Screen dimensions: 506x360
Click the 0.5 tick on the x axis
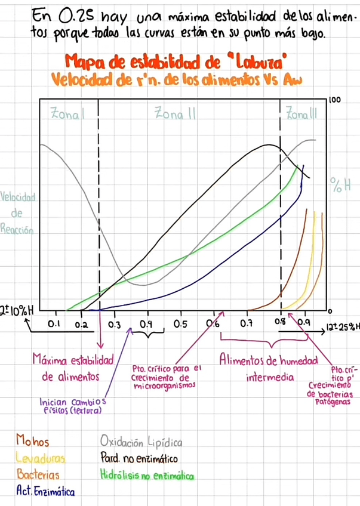pyautogui.click(x=180, y=324)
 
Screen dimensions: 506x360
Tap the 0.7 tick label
pyautogui.click(x=246, y=324)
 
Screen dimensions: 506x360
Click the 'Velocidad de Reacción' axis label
pyautogui.click(x=19, y=212)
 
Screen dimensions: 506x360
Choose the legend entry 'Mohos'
pyautogui.click(x=33, y=442)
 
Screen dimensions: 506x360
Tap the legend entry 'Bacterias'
pyautogui.click(x=38, y=475)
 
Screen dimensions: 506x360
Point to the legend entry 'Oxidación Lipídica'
pyautogui.click(x=141, y=443)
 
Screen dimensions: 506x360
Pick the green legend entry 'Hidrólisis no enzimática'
pyautogui.click(x=147, y=476)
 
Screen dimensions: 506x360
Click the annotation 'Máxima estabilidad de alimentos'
pyautogui.click(x=73, y=369)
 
